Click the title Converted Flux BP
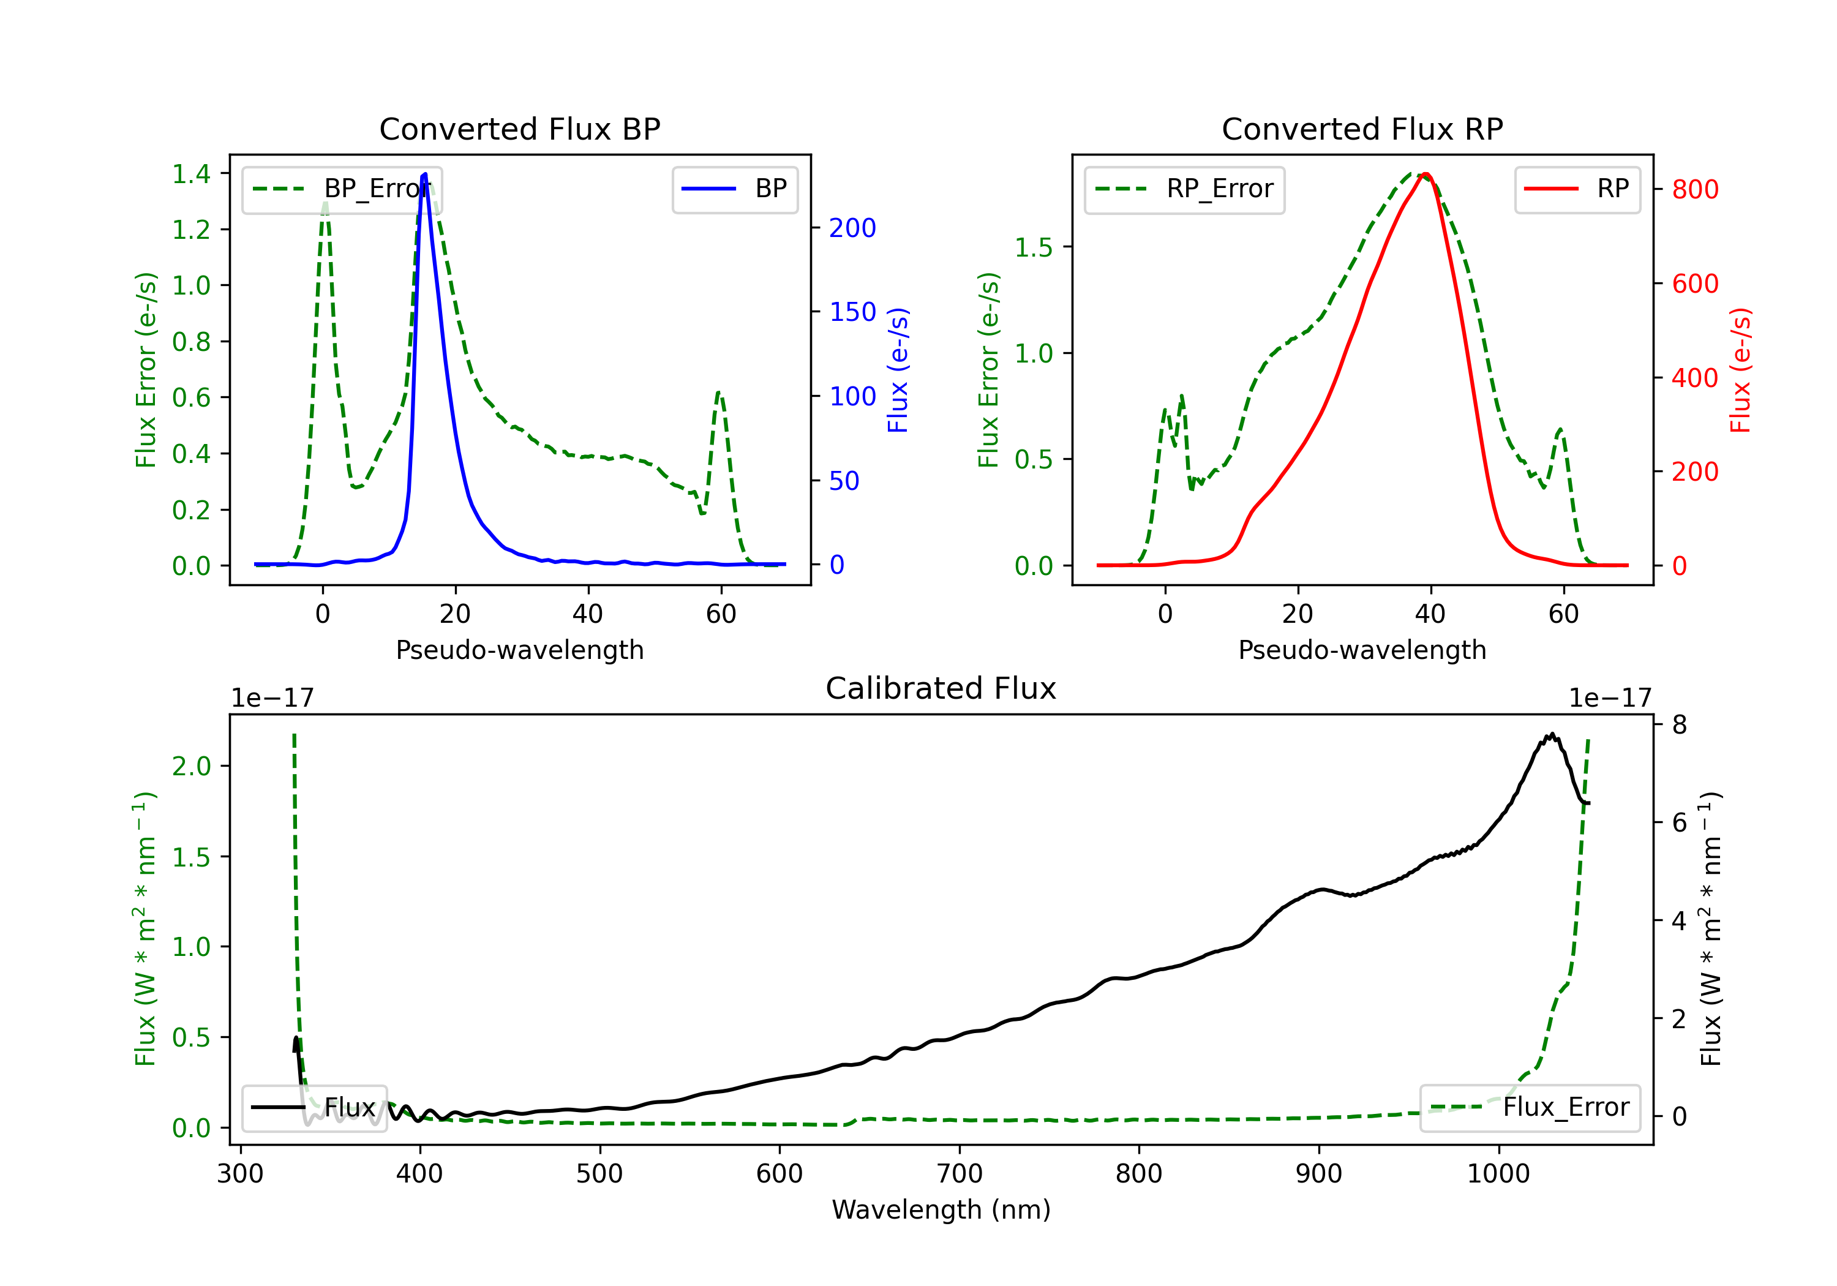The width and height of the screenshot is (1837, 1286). click(x=519, y=129)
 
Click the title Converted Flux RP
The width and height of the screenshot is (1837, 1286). click(x=1362, y=129)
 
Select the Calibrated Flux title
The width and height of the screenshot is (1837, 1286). click(x=941, y=688)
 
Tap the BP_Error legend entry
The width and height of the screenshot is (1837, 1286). click(x=342, y=189)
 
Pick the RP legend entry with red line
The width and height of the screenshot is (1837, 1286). click(x=1577, y=189)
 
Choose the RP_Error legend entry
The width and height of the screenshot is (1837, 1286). click(x=1184, y=189)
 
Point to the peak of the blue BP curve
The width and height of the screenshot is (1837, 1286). click(x=425, y=174)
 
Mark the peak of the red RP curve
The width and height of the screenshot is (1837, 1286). click(x=1426, y=174)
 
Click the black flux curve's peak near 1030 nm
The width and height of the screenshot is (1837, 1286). click(x=1552, y=734)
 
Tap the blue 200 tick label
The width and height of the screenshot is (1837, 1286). click(x=852, y=228)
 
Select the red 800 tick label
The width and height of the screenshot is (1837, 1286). click(x=1694, y=190)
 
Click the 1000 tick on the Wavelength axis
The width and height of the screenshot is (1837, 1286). click(x=1498, y=1173)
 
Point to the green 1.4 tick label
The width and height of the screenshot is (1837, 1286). click(x=191, y=174)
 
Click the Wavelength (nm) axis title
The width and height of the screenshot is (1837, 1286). click(x=941, y=1209)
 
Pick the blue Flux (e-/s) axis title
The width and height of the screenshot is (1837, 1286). click(x=898, y=370)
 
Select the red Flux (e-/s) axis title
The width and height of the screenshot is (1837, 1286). click(x=1741, y=370)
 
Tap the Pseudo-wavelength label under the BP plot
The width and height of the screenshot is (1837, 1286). click(x=519, y=650)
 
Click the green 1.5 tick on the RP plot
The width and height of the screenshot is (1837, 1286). click(x=1034, y=247)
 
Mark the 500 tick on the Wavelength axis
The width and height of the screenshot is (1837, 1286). click(x=599, y=1173)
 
